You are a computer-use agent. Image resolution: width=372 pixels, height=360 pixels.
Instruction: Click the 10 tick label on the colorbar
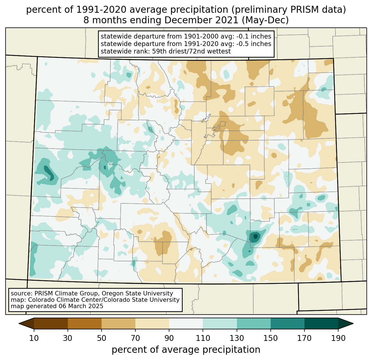34,338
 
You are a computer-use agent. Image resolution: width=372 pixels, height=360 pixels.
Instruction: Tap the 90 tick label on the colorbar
169,338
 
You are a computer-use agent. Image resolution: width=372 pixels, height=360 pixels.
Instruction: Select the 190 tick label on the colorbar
338,338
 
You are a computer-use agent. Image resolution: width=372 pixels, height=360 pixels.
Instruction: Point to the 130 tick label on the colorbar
237,338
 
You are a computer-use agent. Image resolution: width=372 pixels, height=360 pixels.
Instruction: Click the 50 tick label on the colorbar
102,338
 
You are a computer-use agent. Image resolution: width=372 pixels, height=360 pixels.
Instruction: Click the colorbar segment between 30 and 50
85,323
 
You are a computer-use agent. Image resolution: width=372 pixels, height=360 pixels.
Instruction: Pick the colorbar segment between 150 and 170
288,323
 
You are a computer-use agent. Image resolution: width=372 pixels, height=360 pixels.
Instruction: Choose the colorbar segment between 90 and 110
186,323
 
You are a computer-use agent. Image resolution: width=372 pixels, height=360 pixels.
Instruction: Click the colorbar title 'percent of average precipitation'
186,350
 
